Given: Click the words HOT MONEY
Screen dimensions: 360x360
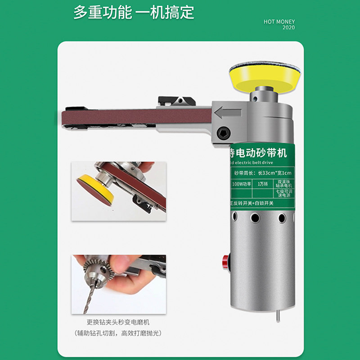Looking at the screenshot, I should [x=279, y=22].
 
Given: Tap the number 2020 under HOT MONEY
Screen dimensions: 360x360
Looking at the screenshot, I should [x=288, y=28].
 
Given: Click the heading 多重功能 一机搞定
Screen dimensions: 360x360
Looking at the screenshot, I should [x=134, y=12].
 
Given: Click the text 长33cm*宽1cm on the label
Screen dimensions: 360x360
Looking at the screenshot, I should [x=270, y=173].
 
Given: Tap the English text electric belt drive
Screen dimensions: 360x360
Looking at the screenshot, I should [x=256, y=162].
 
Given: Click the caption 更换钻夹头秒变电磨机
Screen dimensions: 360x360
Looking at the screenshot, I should [x=118, y=322].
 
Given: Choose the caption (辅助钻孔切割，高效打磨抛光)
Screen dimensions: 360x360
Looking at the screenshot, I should [x=118, y=333].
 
